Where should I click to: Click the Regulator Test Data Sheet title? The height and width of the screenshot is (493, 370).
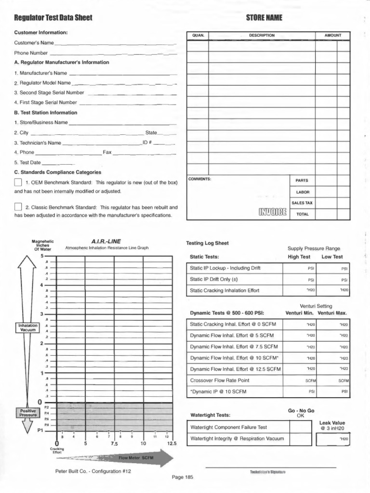(x=53, y=18)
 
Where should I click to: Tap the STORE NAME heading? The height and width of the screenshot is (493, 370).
(x=264, y=18)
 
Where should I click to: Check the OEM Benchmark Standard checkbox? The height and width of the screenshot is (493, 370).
(x=18, y=182)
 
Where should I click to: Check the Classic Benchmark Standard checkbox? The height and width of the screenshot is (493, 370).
(x=18, y=207)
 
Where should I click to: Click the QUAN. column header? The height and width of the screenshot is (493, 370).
(x=198, y=35)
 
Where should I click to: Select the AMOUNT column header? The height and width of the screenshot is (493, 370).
(x=332, y=35)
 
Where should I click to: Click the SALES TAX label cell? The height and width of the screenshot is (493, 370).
(x=302, y=203)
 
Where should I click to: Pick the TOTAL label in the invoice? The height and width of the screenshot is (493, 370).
(x=302, y=214)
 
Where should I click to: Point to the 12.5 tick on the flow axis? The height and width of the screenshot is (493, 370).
(x=172, y=443)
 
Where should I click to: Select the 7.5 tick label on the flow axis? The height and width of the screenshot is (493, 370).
(x=114, y=443)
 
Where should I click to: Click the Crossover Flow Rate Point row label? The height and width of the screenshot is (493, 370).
(x=220, y=380)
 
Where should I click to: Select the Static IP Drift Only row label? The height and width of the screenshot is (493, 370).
(x=214, y=279)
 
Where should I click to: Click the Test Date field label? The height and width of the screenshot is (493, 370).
(x=27, y=163)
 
